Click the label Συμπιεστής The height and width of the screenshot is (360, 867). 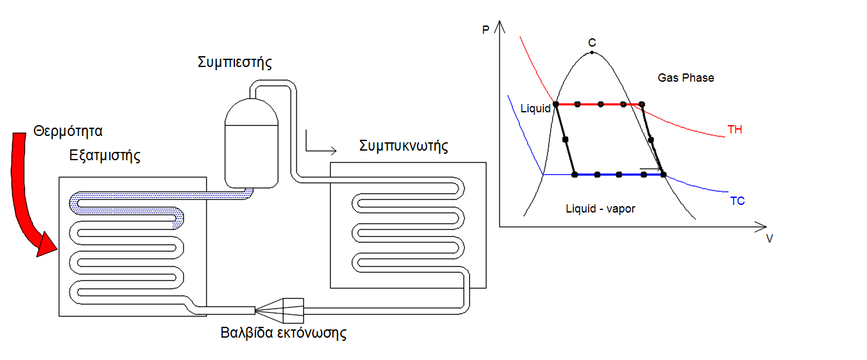coord(235,63)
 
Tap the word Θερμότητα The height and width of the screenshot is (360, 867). coord(68,132)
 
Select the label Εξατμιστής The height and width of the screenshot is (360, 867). coord(105,155)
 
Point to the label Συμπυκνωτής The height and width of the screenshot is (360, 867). coord(403,146)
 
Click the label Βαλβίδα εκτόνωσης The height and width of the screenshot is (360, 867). coord(283,333)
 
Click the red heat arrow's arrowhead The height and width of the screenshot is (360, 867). coord(46,244)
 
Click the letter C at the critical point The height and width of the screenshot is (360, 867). coord(592,43)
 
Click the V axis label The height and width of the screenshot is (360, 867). coord(769,239)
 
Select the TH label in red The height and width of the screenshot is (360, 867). coord(735,130)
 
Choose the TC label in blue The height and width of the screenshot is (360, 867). coord(737,201)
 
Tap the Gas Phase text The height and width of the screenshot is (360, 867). coord(686,78)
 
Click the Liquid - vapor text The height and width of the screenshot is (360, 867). coord(600,209)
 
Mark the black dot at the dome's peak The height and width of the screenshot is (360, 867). coord(592,52)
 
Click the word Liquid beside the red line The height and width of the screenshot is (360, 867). coord(535,109)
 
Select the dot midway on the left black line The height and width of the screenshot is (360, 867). coord(565,139)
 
